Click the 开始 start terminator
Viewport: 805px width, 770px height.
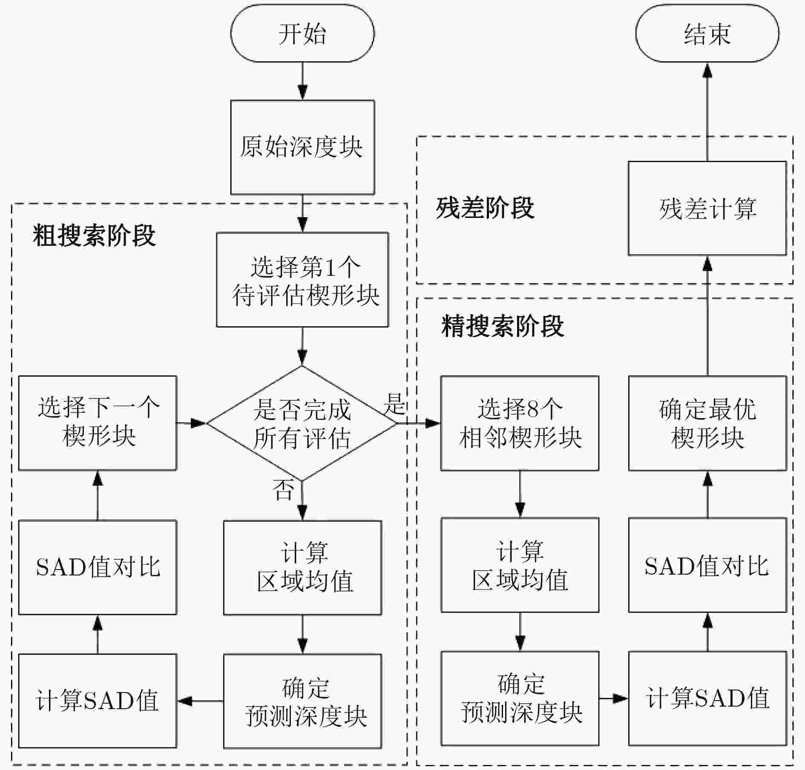pos(302,34)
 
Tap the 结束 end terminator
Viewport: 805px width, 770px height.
pos(707,34)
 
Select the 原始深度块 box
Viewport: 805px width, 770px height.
pos(302,147)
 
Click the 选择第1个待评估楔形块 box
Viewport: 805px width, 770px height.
pos(302,280)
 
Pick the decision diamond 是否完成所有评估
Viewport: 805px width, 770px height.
pos(302,423)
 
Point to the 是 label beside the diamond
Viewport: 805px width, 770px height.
pos(394,404)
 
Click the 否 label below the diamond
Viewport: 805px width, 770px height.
pos(284,489)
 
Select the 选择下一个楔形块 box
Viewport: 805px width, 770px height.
pos(98,423)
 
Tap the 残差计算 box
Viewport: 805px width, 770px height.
pos(707,208)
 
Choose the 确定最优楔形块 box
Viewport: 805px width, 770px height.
pos(707,423)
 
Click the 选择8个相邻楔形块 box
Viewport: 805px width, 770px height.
pos(520,423)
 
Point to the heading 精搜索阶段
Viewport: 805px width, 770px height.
pos(503,326)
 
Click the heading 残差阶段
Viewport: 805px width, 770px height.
pos(485,208)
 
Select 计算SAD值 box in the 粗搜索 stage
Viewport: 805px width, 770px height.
pos(98,701)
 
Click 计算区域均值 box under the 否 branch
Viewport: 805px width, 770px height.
pos(302,568)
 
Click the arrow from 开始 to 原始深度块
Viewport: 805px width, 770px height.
pos(302,81)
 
